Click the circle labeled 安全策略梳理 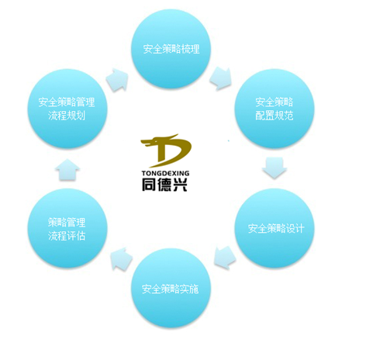coord(171,49)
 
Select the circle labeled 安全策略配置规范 coord(274,109)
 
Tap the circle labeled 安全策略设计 coord(274,228)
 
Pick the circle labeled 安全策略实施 coord(171,289)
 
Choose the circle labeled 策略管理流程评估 coord(67,228)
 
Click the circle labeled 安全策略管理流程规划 coord(67,109)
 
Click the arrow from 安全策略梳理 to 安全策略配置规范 coord(220,78)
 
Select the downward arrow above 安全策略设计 coord(274,168)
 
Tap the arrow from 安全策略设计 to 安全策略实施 coord(225,258)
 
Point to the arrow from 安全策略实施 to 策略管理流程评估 coord(121,259)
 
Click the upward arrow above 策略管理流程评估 coord(67,169)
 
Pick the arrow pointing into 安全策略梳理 coord(117,80)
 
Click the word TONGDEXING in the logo coord(165,173)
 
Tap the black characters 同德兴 coord(164,184)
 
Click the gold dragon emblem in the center coord(166,151)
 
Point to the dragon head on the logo coord(148,142)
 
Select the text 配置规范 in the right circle coord(274,116)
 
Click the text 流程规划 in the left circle coord(67,116)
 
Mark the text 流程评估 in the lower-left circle coord(67,236)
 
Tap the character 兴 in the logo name coord(181,184)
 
